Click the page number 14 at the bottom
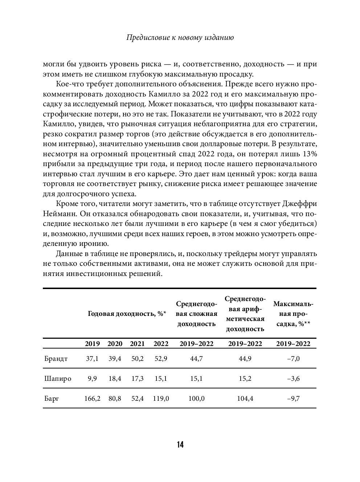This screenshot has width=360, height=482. tap(180, 445)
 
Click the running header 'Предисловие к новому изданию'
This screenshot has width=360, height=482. tap(180, 37)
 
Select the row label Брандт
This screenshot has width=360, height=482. tap(56, 359)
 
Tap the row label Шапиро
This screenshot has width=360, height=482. tap(58, 379)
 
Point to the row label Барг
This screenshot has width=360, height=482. tap(52, 399)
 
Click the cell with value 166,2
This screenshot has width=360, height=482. tap(92, 399)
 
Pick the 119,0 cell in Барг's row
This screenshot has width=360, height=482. tap(161, 399)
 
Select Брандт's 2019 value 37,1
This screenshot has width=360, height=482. tap(92, 359)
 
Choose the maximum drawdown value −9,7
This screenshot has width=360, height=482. tap(293, 399)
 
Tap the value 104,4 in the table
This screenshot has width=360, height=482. tap(245, 399)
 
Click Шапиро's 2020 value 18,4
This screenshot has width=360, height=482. tap(115, 379)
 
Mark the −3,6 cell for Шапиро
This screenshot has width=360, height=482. tap(293, 379)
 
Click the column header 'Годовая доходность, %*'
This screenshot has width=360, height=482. tap(127, 314)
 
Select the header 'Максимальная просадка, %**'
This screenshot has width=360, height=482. tap(293, 314)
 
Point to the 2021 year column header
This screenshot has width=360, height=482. tap(137, 343)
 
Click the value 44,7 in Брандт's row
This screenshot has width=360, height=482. tap(196, 359)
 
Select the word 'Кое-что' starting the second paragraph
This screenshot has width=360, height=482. tap(69, 84)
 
